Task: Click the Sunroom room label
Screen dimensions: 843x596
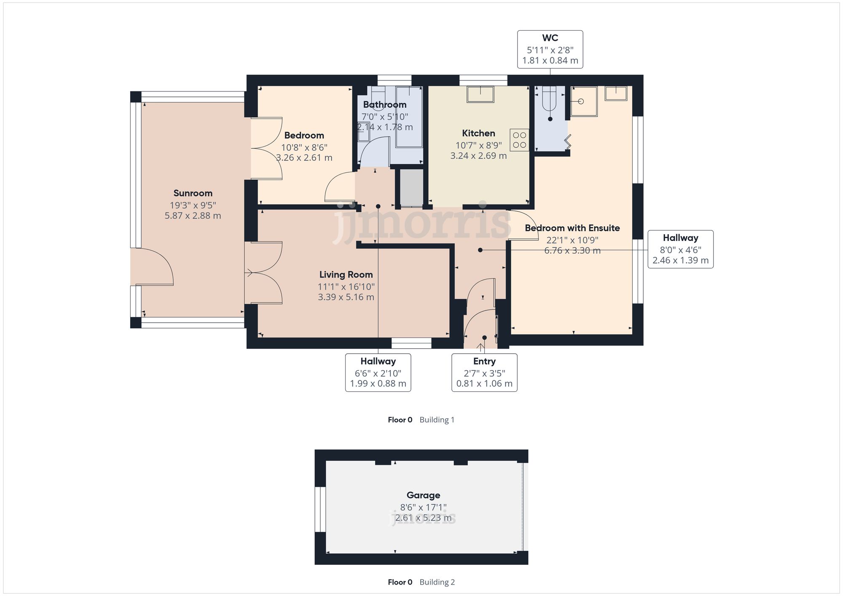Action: tap(193, 193)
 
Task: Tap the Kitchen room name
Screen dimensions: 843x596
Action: tap(478, 134)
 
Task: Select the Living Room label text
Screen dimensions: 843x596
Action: tap(346, 275)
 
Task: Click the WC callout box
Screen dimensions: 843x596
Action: tap(550, 49)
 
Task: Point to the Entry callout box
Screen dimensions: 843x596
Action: tap(484, 373)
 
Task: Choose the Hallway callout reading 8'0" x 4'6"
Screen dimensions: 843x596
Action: tap(680, 249)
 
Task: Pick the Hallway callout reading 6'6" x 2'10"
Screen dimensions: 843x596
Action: tap(378, 373)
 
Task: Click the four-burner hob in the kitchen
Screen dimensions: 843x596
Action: tap(519, 140)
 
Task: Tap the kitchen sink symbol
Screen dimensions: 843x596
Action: tap(480, 94)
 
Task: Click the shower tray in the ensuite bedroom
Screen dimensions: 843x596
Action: tap(584, 102)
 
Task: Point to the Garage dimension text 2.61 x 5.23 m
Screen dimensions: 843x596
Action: tap(423, 518)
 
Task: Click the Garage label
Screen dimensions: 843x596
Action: tap(423, 496)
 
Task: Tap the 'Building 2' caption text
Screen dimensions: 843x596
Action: tap(437, 582)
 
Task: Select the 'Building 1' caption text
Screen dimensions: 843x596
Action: tap(437, 420)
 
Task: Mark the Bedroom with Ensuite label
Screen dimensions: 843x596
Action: tap(572, 228)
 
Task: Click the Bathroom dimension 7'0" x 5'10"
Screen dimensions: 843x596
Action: tap(385, 117)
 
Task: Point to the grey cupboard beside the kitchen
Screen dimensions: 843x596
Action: tap(411, 188)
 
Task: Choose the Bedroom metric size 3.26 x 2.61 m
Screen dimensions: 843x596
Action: tap(304, 158)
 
